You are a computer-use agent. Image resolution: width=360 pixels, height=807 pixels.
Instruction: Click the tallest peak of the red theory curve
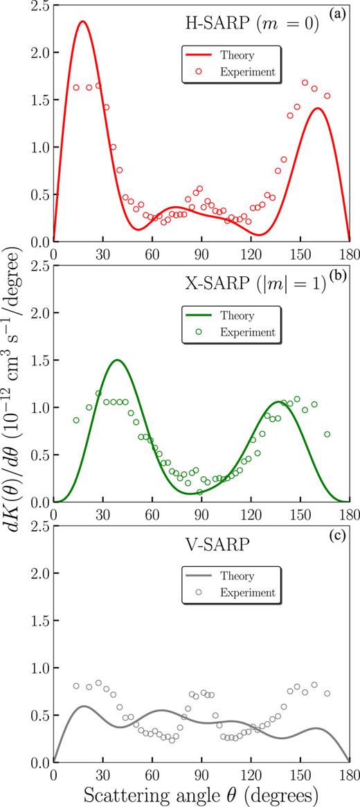(x=82, y=21)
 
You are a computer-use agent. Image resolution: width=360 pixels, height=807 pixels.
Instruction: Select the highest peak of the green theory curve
(x=117, y=360)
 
